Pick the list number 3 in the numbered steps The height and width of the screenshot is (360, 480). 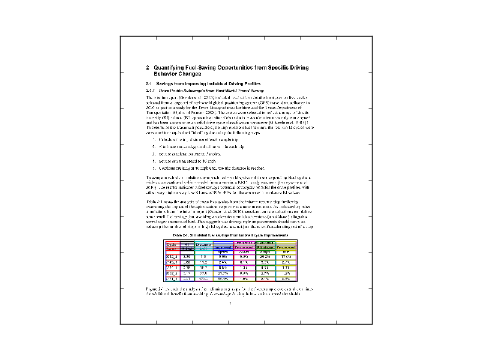(x=154, y=153)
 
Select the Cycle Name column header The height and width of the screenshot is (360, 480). (x=172, y=247)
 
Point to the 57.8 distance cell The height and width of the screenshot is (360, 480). (x=202, y=273)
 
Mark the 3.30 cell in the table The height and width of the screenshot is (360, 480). (x=187, y=257)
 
